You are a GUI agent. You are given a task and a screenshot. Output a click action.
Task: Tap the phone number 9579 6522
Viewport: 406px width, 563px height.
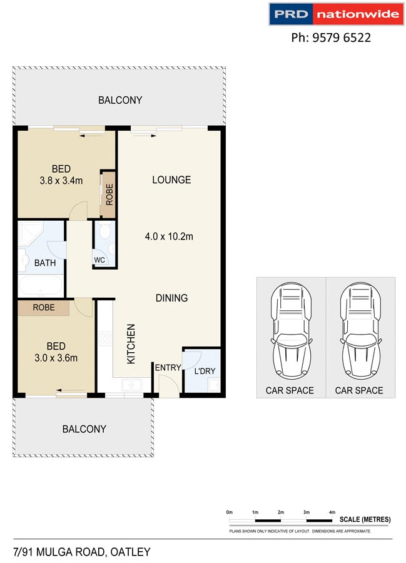click(331, 38)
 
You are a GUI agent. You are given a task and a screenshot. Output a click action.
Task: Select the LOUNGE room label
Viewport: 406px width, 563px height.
click(171, 180)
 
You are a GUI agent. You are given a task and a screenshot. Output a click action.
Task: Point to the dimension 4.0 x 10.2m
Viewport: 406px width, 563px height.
click(169, 236)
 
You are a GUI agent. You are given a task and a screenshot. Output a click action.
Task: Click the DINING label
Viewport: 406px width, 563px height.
click(171, 298)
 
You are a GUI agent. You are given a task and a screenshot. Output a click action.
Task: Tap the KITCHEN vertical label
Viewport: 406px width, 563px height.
click(131, 344)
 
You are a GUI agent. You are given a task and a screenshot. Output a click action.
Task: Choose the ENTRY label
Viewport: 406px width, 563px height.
click(168, 368)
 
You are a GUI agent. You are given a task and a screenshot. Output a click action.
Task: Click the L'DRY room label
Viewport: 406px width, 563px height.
click(204, 371)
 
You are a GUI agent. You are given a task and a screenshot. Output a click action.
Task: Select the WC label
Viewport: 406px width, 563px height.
click(99, 260)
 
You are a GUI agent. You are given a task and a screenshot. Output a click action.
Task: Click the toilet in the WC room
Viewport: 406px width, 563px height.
click(105, 233)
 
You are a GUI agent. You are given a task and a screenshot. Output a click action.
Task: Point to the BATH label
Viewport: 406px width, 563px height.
click(44, 263)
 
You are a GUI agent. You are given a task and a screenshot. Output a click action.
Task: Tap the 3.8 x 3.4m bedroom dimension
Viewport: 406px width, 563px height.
click(61, 181)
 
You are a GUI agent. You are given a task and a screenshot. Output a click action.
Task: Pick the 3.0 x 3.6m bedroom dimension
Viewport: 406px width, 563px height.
click(56, 358)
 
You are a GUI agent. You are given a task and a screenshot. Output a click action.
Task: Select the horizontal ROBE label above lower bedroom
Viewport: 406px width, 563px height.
click(43, 308)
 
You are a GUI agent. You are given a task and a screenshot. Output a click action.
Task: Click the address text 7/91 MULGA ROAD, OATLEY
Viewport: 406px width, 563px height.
click(81, 552)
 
